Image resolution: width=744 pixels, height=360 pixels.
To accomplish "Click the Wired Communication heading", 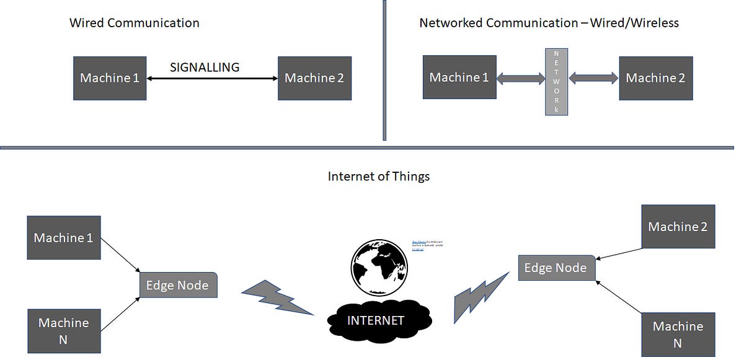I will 135,24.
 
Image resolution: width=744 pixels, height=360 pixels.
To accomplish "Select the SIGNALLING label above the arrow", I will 205,68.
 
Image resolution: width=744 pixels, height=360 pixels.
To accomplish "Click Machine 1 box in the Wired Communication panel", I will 110,78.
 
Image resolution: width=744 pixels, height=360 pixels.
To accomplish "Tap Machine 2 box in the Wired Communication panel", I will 314,78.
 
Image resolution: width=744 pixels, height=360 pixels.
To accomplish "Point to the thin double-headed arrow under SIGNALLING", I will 212,79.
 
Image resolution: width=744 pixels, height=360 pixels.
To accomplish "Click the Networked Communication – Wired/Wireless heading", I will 549,24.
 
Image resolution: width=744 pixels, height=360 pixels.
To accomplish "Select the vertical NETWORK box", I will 556,82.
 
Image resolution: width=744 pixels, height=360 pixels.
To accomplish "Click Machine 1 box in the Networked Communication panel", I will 459,77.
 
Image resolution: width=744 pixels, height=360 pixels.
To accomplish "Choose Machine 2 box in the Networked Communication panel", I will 655,78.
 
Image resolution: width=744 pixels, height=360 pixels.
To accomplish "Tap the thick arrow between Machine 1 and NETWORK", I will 521,78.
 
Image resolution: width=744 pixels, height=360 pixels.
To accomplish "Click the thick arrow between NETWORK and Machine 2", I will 593,78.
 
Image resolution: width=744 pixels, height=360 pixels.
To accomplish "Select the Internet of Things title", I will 378,177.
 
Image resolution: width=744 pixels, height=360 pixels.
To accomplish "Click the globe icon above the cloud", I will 378,266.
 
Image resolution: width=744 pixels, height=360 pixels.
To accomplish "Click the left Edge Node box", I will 178,285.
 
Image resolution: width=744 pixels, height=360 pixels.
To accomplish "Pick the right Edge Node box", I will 556,268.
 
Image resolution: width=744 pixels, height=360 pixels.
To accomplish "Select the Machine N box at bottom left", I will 63,331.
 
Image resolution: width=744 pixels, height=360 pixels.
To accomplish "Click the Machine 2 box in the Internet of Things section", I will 678,227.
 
